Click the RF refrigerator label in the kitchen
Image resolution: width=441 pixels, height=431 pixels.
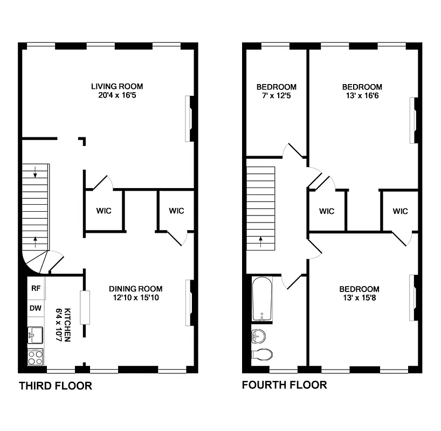click(36, 288)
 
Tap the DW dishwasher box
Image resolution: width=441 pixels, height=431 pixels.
click(36, 309)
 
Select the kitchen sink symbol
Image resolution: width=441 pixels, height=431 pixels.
click(36, 335)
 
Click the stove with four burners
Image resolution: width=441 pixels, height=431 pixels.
click(36, 357)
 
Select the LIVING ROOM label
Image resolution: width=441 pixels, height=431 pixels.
click(117, 86)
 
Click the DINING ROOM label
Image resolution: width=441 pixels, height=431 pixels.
click(135, 289)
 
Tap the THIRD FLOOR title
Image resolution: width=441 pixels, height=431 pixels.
click(56, 386)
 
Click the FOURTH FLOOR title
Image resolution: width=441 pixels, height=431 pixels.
click(284, 385)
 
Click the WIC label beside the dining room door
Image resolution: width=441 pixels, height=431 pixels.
click(176, 211)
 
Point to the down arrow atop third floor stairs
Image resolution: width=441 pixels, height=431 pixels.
click(35, 173)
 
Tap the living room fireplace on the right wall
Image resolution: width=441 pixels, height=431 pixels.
click(190, 119)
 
